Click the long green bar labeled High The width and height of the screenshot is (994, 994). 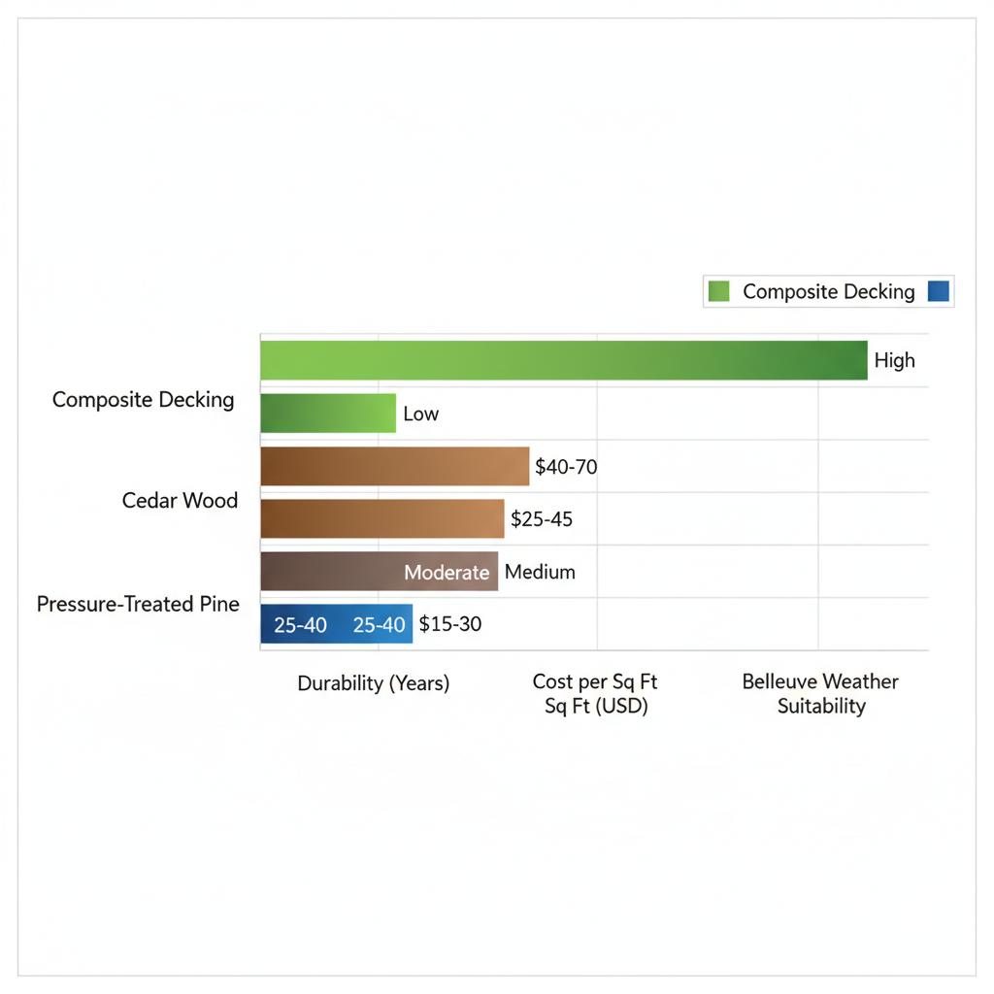pos(563,360)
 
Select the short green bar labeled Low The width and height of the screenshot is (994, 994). pos(328,413)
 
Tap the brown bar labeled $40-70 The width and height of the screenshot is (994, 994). pos(395,466)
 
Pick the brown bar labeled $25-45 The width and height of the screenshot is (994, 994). pos(382,518)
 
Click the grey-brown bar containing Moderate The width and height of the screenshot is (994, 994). pos(379,572)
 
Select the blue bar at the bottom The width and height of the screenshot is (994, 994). pos(336,624)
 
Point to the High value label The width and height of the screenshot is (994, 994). pos(894,361)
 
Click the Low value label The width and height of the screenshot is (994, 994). pos(421,414)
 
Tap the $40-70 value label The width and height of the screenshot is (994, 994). pos(566,467)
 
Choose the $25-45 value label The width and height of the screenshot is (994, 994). pos(542,519)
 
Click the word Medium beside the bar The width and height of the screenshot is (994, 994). pos(540,572)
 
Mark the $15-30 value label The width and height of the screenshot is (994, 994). pos(450,624)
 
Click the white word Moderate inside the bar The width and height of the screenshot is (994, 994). pos(447,573)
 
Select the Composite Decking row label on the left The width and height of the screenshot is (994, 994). pos(144,400)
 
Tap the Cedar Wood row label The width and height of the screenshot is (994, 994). pos(180,501)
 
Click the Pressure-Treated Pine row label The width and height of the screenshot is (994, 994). pos(138,604)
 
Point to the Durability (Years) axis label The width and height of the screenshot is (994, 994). pos(374,683)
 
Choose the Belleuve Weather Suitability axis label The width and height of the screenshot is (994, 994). pos(820,694)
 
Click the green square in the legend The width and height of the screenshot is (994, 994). pos(719,291)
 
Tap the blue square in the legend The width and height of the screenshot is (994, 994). pos(938,291)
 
